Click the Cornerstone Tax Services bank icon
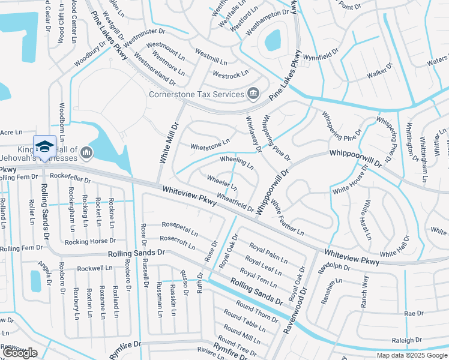pos(253,94)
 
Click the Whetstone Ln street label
pos(210,144)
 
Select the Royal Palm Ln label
pos(268,252)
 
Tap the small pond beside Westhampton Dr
pos(273,41)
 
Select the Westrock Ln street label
pos(231,75)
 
